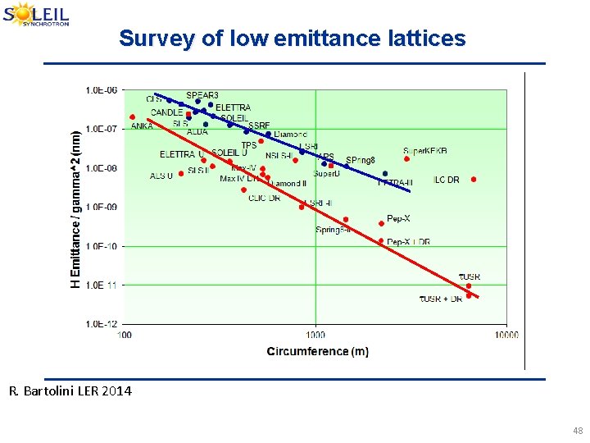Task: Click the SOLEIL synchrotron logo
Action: click(x=37, y=15)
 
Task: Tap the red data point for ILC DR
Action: click(x=474, y=179)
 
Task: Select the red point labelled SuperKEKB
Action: click(x=406, y=159)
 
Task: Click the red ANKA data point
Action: click(x=132, y=117)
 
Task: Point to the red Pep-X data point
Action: click(x=381, y=223)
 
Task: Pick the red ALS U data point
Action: click(x=181, y=174)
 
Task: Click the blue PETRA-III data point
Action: click(x=385, y=174)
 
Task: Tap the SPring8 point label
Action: click(x=360, y=160)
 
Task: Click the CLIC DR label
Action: click(x=264, y=198)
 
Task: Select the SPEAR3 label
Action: click(x=202, y=95)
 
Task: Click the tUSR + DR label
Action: click(x=441, y=299)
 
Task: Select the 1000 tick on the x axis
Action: click(x=315, y=335)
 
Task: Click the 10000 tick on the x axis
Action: click(x=506, y=335)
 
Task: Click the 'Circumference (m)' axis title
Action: click(x=317, y=352)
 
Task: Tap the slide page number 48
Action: click(x=578, y=431)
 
